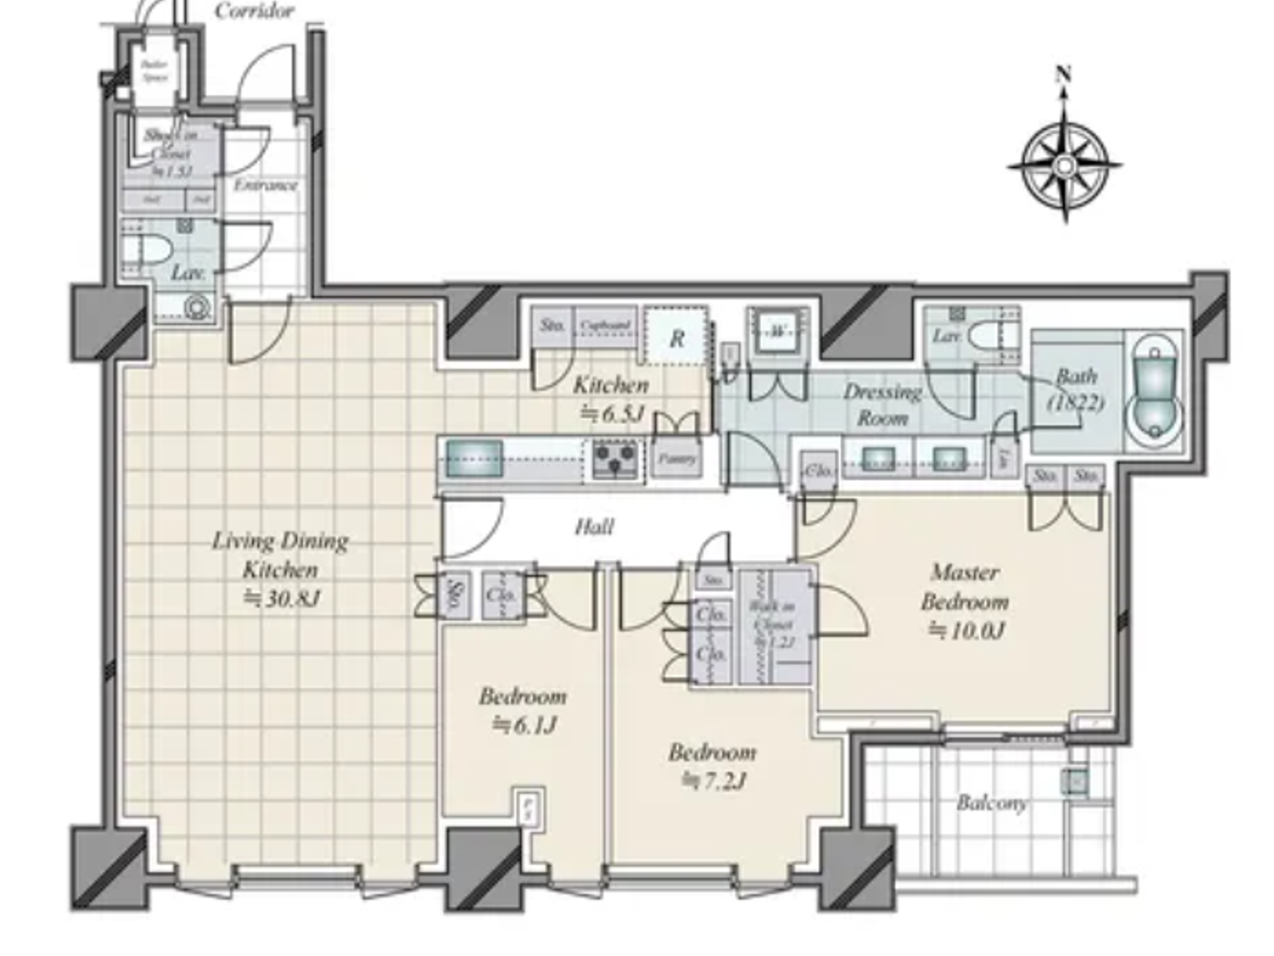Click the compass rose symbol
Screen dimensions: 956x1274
click(x=1064, y=165)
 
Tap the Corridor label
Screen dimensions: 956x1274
click(x=255, y=11)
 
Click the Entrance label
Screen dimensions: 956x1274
click(x=265, y=185)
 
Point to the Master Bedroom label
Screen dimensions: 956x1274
click(x=966, y=601)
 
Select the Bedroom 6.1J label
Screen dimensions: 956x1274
click(x=523, y=710)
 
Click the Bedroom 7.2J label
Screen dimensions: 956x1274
click(x=713, y=766)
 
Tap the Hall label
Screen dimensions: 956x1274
click(x=594, y=526)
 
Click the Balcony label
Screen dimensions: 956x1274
click(x=992, y=803)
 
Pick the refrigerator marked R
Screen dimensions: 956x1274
click(x=676, y=338)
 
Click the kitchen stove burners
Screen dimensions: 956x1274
click(x=615, y=458)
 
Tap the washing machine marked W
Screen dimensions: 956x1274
click(x=776, y=332)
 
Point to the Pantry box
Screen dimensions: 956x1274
click(x=677, y=459)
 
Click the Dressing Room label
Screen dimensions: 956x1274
click(x=881, y=404)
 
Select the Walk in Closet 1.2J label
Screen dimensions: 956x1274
click(x=772, y=625)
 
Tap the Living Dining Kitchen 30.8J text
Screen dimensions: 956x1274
click(x=280, y=569)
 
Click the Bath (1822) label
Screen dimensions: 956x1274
click(x=1076, y=389)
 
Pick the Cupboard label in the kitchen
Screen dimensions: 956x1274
click(x=605, y=325)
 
